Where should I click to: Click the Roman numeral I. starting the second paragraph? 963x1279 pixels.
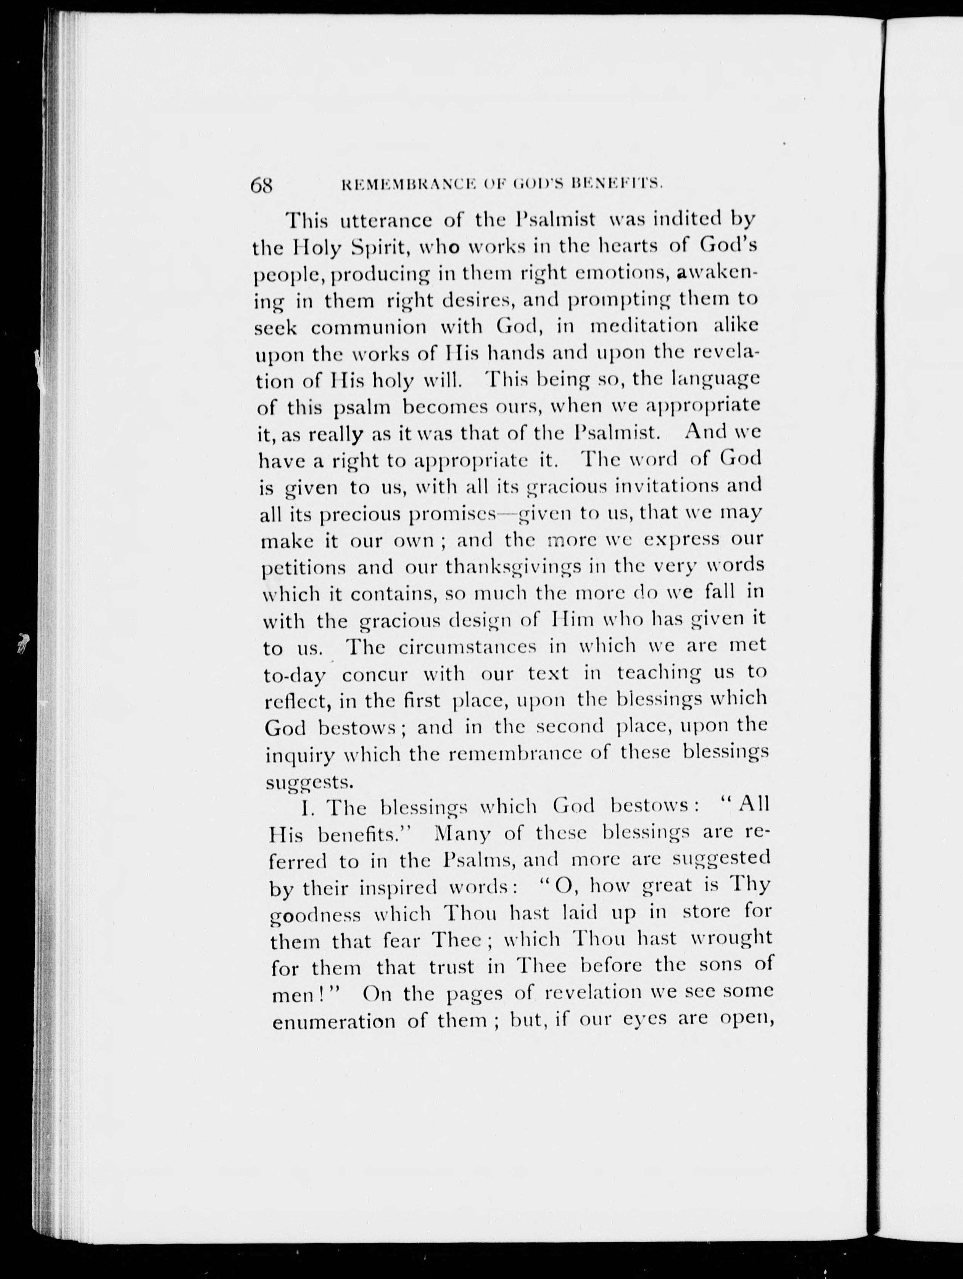pyautogui.click(x=306, y=808)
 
